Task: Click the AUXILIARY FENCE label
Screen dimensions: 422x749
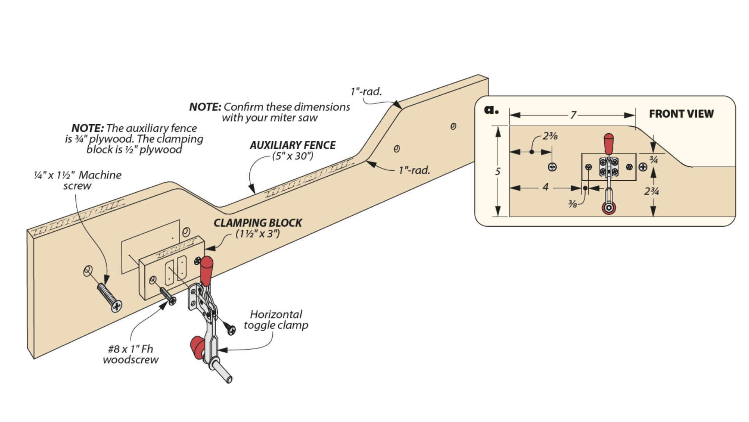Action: pos(292,145)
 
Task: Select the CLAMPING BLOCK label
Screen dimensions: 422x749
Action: pos(257,223)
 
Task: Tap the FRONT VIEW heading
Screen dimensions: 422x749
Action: pos(681,114)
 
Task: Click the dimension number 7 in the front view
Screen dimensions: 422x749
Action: pos(573,115)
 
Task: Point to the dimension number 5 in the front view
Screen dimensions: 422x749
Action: pos(498,172)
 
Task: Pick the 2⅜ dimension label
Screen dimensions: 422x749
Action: pos(550,136)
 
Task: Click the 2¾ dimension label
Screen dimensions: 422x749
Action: pos(651,191)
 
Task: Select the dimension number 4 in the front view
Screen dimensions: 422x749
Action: pos(545,187)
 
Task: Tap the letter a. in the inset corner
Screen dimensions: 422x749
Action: pos(491,110)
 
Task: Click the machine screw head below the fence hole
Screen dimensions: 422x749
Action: pos(116,306)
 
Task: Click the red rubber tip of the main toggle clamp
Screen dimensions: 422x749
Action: pos(197,347)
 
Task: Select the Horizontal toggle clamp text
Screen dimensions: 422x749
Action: pos(276,320)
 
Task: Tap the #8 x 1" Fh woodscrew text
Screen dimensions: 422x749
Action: pos(131,354)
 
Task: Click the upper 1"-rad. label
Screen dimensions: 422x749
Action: pos(366,91)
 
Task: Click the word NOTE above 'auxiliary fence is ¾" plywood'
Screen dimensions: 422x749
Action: pos(87,128)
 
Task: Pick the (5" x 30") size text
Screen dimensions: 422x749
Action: pos(293,156)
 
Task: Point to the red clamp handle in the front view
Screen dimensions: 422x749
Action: pos(609,144)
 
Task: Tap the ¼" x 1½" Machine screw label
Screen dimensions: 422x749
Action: pos(78,180)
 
